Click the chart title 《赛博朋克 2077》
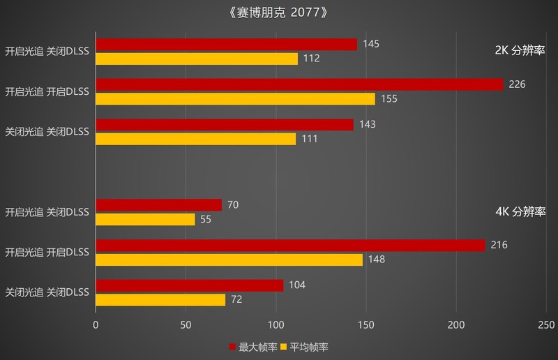tap(278, 13)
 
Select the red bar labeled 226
tap(299, 84)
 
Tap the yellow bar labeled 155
tap(235, 99)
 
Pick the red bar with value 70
tap(158, 205)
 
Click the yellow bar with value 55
tap(145, 219)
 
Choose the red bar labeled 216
tap(290, 246)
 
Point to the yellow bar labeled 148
tap(229, 260)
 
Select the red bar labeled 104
tap(189, 285)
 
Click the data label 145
tap(371, 44)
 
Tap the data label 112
tap(312, 59)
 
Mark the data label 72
tap(237, 299)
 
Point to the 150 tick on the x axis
tap(366, 325)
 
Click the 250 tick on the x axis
tap(546, 325)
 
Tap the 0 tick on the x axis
tap(96, 325)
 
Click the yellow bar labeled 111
tap(195, 139)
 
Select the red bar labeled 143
tap(224, 125)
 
